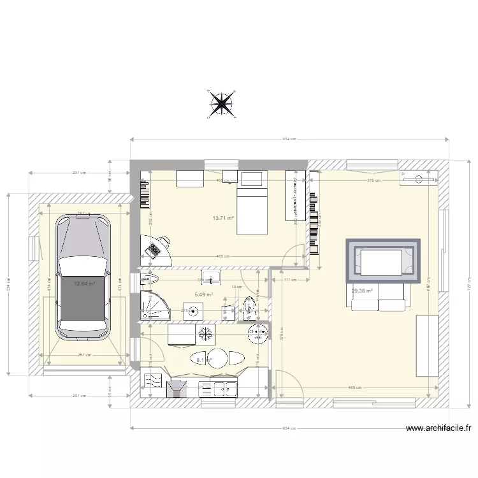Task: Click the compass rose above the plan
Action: point(222,104)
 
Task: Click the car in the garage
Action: point(82,277)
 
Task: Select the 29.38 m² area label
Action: point(361,291)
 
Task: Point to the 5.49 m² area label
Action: point(203,294)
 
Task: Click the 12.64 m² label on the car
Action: point(84,284)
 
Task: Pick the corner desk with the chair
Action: point(156,249)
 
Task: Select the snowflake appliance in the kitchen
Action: point(205,333)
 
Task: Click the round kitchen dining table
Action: point(218,358)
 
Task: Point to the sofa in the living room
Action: point(378,297)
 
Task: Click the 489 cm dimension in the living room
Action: point(355,387)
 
